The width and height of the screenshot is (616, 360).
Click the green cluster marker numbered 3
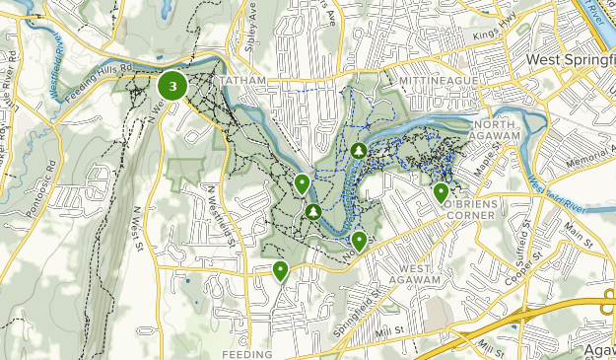click(x=173, y=87)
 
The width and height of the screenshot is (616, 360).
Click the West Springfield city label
click(x=570, y=60)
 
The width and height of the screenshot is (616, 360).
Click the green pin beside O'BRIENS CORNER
click(x=441, y=192)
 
